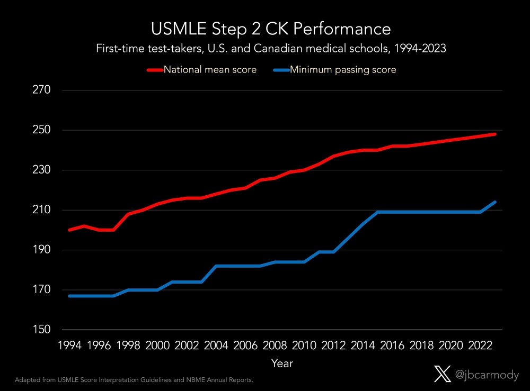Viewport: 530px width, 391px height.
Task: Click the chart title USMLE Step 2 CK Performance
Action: point(270,28)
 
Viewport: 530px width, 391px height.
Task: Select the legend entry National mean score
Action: point(210,70)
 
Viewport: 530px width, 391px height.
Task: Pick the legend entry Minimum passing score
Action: point(342,70)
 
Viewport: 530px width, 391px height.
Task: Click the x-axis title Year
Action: point(281,363)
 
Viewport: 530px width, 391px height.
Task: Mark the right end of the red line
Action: point(495,134)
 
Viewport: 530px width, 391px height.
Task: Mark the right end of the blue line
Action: point(495,202)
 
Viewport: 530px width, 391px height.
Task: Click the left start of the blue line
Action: point(69,296)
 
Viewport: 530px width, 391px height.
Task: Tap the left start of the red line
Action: point(69,230)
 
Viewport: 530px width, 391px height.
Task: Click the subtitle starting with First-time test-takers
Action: point(270,49)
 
